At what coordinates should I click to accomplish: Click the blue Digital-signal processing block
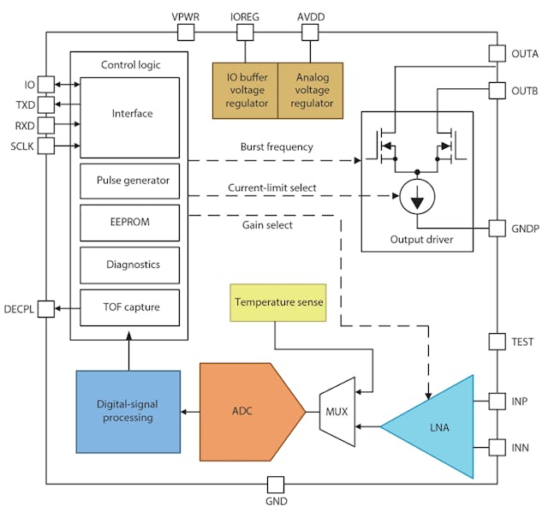pos(128,411)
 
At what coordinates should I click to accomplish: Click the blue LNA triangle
pos(437,425)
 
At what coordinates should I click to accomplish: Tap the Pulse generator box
pos(129,181)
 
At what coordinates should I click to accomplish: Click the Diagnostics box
pos(129,265)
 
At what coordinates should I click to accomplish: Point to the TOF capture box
pos(129,307)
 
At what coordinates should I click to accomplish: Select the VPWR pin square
pos(187,33)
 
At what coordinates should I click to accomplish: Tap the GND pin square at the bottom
pos(276,484)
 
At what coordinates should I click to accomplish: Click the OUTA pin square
pos(497,53)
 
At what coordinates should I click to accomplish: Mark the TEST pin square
pos(497,342)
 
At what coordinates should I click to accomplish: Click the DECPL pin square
pos(45,307)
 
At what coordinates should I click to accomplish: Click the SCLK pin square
pos(45,146)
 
